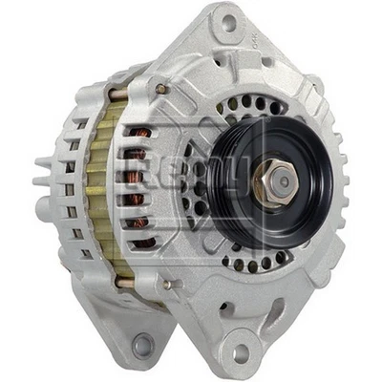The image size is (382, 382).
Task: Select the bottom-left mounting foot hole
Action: [143, 344]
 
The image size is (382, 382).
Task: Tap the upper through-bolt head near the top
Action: [162, 89]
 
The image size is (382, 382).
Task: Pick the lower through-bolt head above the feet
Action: [169, 284]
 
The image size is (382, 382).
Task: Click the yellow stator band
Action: [96, 181]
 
